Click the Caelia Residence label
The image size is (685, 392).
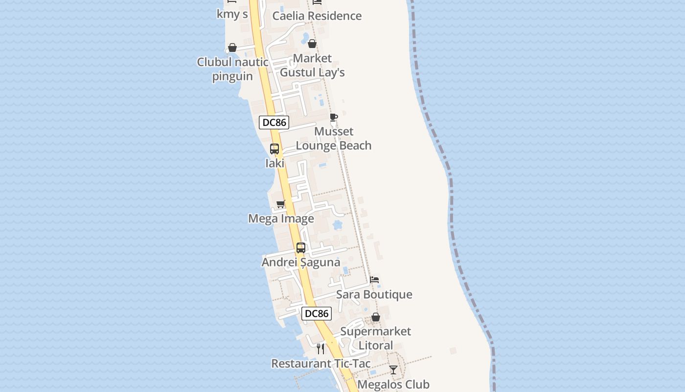pos(317,16)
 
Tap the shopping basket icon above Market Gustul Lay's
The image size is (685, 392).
pos(312,44)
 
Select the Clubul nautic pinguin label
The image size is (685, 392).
pos(232,69)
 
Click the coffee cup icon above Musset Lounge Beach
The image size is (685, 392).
pos(333,117)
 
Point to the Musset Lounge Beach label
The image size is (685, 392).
pos(334,139)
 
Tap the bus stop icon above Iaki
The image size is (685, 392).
pos(274,149)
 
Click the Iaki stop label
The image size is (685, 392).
pos(274,164)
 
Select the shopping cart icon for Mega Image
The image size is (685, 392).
pos(280,204)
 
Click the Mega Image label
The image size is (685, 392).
pos(281,219)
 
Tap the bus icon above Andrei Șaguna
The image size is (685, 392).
pos(300,248)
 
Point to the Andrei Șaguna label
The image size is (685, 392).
pos(300,262)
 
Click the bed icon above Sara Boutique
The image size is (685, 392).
pos(374,280)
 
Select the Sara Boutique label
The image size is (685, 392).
pos(374,294)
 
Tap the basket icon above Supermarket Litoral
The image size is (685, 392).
pos(375,318)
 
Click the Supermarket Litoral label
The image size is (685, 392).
pos(375,338)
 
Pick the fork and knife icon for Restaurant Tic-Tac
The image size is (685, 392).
pos(320,349)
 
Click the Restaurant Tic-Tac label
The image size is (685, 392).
pos(320,364)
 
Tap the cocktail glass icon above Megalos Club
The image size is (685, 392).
pos(393,370)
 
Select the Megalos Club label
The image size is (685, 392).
pos(393,385)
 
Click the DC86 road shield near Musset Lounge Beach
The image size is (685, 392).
pos(274,122)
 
